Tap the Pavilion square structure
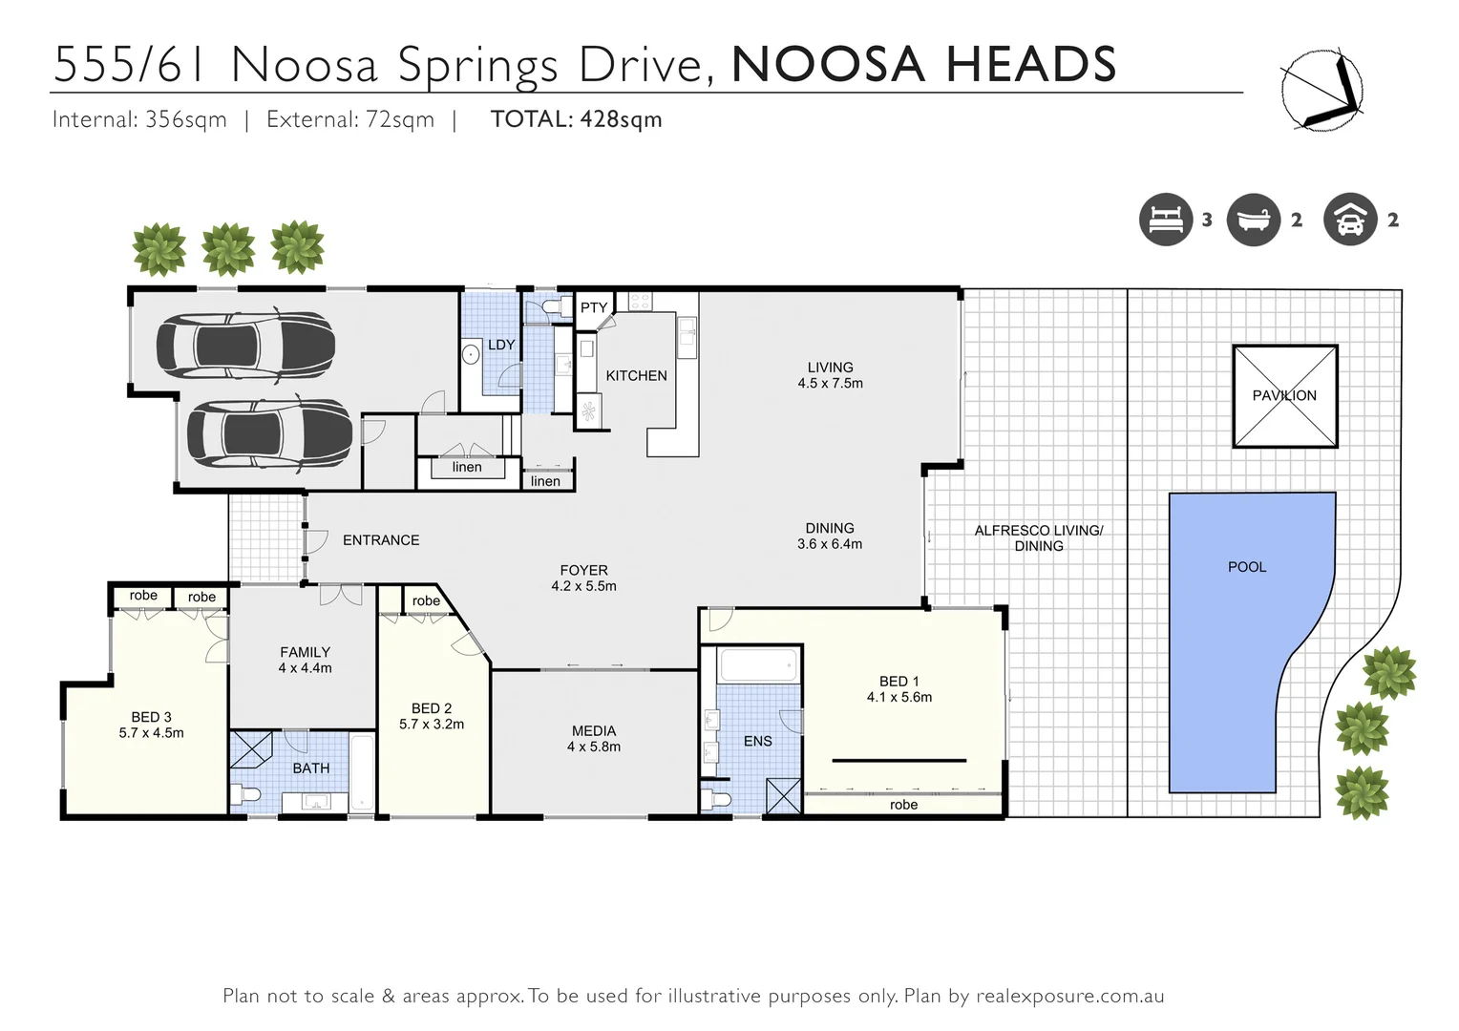(1284, 395)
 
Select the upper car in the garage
(245, 345)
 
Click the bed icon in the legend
(1166, 220)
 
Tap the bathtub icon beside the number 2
(1253, 220)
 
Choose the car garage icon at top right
(1350, 220)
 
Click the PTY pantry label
(594, 307)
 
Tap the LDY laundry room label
(501, 345)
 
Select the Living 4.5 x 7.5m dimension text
(830, 384)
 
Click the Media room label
(594, 731)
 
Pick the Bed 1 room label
(899, 682)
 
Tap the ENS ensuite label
(757, 741)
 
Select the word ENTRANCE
(381, 540)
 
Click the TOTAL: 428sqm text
(576, 119)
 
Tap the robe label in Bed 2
(426, 600)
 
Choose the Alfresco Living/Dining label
(1038, 538)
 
